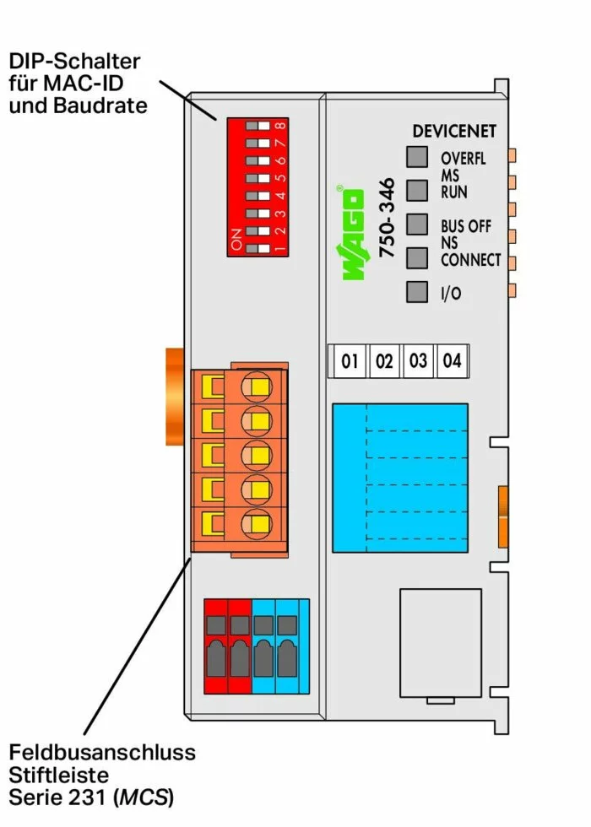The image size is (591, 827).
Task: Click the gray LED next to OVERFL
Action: tap(417, 157)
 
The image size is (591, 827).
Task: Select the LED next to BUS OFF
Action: tap(417, 224)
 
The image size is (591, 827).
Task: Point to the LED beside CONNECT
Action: tap(417, 257)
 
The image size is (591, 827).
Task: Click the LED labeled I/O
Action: tap(417, 292)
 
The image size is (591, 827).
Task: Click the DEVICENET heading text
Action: tap(454, 132)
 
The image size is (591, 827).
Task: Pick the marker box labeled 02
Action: tap(384, 361)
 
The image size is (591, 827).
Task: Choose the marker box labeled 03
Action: tap(418, 361)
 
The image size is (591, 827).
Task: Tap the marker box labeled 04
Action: tap(452, 361)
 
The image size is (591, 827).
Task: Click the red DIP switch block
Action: tap(258, 186)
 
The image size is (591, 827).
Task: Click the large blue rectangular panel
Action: tap(399, 478)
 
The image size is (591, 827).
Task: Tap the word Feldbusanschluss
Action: tap(102, 752)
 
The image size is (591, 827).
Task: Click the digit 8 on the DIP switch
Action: tap(279, 126)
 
